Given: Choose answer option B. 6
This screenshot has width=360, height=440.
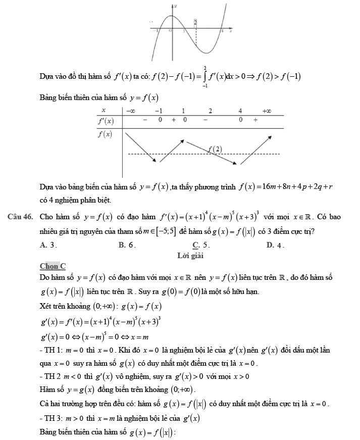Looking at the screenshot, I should pyautogui.click(x=127, y=246).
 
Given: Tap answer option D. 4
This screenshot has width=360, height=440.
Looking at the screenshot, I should pyautogui.click(x=276, y=246).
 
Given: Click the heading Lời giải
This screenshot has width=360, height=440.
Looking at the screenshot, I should pyautogui.click(x=190, y=256).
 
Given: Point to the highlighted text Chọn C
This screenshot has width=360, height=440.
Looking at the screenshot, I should pyautogui.click(x=53, y=266).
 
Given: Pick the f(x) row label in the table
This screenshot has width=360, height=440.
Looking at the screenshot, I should pyautogui.click(x=105, y=134).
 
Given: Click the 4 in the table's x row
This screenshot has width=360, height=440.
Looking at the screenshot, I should pyautogui.click(x=240, y=111).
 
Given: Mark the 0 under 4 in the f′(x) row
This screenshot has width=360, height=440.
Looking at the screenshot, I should pyautogui.click(x=241, y=121).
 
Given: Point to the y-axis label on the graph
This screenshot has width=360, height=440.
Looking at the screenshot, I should pyautogui.click(x=176, y=7).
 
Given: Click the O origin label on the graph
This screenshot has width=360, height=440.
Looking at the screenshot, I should pyautogui.click(x=170, y=31).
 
